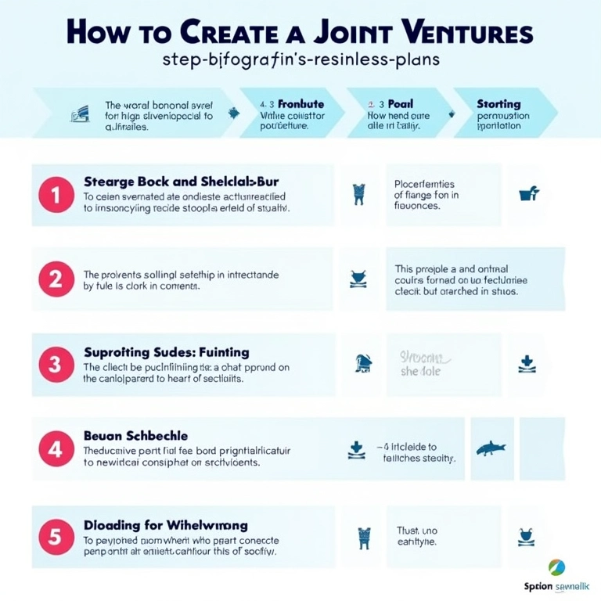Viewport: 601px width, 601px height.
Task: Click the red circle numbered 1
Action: tap(56, 195)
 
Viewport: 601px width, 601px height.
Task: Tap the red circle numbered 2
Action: tap(56, 279)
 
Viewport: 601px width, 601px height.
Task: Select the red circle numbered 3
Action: tap(56, 364)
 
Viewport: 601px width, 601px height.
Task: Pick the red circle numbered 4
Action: tap(56, 449)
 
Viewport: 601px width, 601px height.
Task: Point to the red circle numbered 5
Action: tap(56, 537)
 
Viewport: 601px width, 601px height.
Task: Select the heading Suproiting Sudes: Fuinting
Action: tap(167, 353)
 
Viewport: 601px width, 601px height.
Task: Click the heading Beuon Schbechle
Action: tap(135, 435)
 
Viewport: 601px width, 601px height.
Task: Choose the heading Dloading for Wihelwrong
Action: tap(166, 525)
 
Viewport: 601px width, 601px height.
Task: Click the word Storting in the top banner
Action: tap(498, 104)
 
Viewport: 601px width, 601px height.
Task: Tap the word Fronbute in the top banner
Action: tap(301, 103)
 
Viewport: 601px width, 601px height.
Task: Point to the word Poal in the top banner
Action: tap(401, 103)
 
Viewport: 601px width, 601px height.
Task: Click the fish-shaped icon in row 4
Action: tap(491, 448)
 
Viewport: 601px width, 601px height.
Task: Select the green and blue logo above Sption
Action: tap(557, 567)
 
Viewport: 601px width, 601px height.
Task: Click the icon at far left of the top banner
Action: tap(79, 114)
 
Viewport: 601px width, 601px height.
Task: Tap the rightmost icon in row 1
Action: tap(529, 193)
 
